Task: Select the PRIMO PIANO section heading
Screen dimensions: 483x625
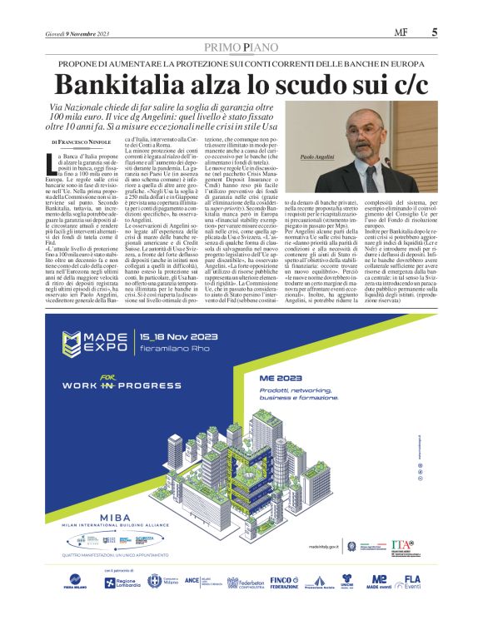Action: (241, 49)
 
